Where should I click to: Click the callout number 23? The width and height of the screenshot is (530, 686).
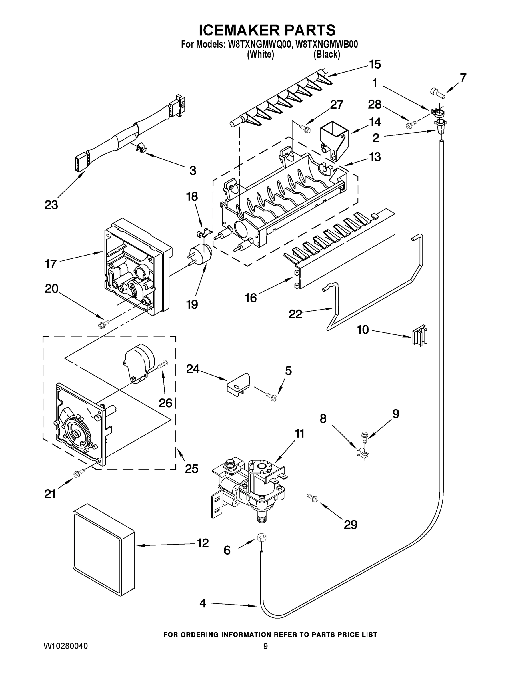51,205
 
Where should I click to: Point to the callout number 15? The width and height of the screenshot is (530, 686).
375,64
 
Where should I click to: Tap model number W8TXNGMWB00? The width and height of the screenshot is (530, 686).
327,44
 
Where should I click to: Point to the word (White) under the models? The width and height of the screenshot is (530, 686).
261,54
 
